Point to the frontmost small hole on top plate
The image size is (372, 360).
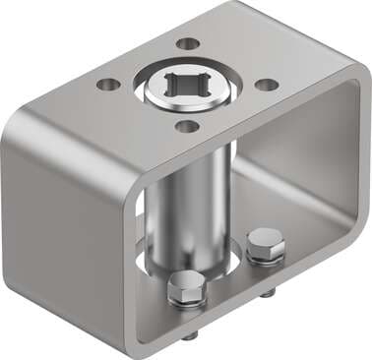click(183, 126)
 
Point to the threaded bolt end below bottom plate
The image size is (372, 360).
click(266, 292)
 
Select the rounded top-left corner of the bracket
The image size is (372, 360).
click(25, 123)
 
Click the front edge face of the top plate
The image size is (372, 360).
click(197, 147)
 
